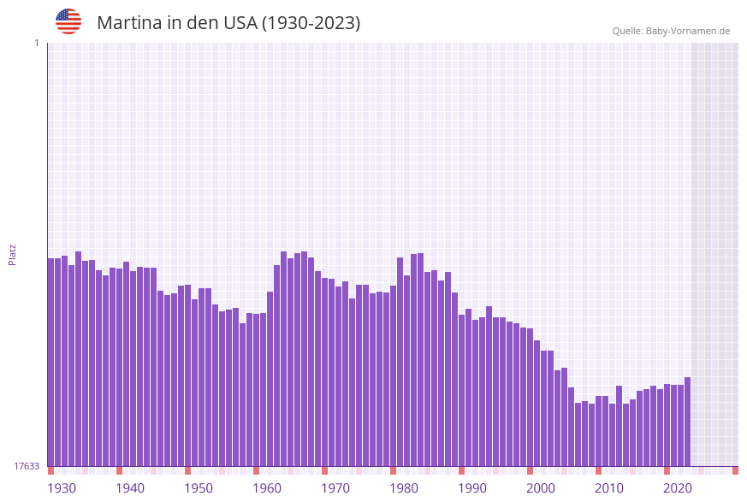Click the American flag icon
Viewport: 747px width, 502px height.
pyautogui.click(x=68, y=21)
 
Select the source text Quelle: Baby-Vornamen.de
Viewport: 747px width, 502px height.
pyautogui.click(x=671, y=31)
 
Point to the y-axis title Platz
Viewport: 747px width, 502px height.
pyautogui.click(x=12, y=254)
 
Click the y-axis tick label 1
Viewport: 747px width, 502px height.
pyautogui.click(x=36, y=43)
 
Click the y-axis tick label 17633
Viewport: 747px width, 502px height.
pyautogui.click(x=27, y=466)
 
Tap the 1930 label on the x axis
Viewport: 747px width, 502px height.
pyautogui.click(x=62, y=488)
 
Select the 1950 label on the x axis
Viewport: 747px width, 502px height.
pyautogui.click(x=199, y=488)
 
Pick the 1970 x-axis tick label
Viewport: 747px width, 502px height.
pyautogui.click(x=335, y=488)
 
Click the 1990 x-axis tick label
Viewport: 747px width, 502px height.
pyautogui.click(x=472, y=488)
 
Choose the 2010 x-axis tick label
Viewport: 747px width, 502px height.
pyautogui.click(x=609, y=488)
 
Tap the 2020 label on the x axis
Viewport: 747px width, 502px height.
pyautogui.click(x=678, y=488)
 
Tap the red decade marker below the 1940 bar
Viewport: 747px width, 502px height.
pyautogui.click(x=120, y=470)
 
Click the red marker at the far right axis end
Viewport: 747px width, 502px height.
pyautogui.click(x=735, y=470)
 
